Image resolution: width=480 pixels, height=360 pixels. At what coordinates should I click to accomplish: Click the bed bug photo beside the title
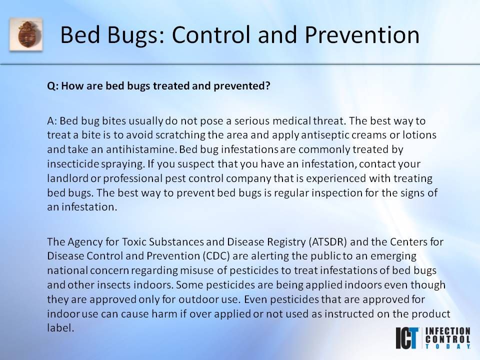pyautogui.click(x=26, y=34)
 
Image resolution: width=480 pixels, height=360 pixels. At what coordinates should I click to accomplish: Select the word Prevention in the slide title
pyautogui.click(x=362, y=35)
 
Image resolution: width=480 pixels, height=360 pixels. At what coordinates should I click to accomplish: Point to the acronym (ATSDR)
pyautogui.click(x=328, y=242)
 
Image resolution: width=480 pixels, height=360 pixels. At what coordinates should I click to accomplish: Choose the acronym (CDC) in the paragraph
pyautogui.click(x=216, y=256)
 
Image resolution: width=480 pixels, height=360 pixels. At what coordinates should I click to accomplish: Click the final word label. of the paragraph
pyautogui.click(x=60, y=328)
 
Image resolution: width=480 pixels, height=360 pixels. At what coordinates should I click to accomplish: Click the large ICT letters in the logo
pyautogui.click(x=407, y=338)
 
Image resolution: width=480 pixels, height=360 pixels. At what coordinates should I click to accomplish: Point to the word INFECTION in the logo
pyautogui.click(x=448, y=331)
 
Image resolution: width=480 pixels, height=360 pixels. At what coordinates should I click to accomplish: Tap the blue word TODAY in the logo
pyautogui.click(x=448, y=346)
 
